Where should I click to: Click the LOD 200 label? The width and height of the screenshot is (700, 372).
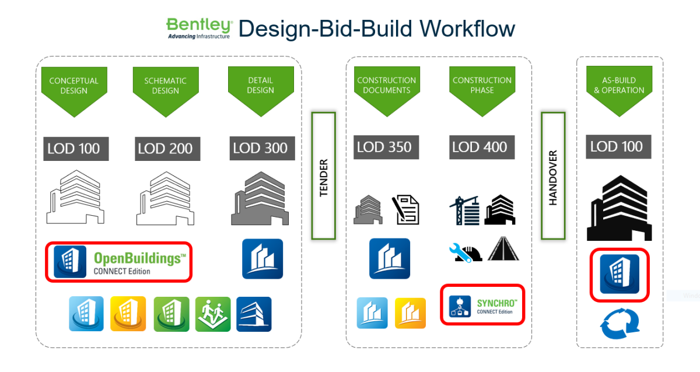pyautogui.click(x=167, y=149)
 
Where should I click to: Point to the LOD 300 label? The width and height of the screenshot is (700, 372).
pyautogui.click(x=260, y=148)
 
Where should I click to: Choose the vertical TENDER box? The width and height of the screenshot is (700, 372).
pyautogui.click(x=324, y=176)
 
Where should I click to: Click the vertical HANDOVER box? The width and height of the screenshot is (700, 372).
pyautogui.click(x=553, y=176)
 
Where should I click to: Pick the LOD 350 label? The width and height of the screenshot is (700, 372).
pyautogui.click(x=383, y=147)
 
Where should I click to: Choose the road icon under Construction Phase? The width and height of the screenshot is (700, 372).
pyautogui.click(x=503, y=248)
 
